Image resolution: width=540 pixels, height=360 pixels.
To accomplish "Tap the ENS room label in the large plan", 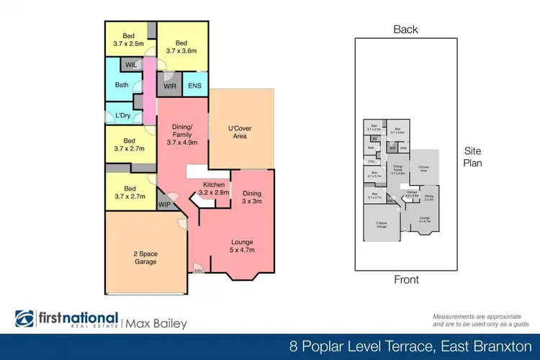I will [195, 86].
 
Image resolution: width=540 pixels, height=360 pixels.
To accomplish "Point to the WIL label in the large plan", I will [131, 65].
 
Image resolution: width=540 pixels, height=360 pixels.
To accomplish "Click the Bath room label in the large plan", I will [122, 86].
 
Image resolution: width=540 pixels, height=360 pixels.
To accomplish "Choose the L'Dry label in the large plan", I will [122, 115].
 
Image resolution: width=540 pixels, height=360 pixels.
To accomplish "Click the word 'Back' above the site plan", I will [405, 30].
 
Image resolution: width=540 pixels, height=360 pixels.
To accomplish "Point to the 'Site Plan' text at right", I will [472, 157].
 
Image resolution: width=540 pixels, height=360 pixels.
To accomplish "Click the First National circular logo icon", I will [25, 319].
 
